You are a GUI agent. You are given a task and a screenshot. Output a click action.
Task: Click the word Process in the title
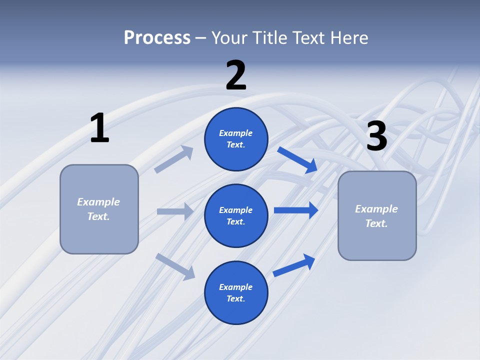(157, 37)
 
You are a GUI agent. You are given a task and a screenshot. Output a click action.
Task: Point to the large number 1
(99, 128)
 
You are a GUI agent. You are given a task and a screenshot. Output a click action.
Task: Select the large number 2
(236, 75)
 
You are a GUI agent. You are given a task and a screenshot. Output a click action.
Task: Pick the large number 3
(376, 136)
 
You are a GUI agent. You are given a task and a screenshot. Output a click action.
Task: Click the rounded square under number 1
(99, 209)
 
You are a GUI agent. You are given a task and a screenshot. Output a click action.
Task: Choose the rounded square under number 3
(377, 215)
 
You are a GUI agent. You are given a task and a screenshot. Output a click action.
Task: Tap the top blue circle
(236, 139)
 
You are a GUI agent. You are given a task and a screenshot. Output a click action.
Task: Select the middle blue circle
(236, 215)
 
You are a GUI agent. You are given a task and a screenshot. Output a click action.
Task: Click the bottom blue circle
(236, 292)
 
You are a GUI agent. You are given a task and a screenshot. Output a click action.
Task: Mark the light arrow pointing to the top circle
(173, 159)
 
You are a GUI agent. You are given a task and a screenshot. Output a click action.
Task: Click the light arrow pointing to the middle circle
(175, 211)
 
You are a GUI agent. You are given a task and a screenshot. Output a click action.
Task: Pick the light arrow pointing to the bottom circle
(175, 266)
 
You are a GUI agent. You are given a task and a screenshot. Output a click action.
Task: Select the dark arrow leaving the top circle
(297, 160)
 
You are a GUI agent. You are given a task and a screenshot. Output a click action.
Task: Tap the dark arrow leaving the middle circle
(296, 210)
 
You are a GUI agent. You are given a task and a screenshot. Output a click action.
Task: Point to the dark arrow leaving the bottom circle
(294, 265)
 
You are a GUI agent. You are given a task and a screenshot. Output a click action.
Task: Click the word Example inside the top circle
(236, 133)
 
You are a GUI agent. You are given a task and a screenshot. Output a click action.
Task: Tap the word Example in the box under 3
(376, 209)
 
